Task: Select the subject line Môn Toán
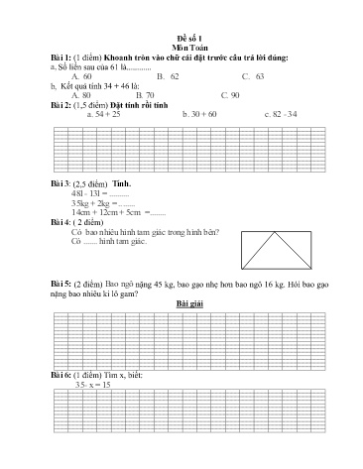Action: coord(181,58)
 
